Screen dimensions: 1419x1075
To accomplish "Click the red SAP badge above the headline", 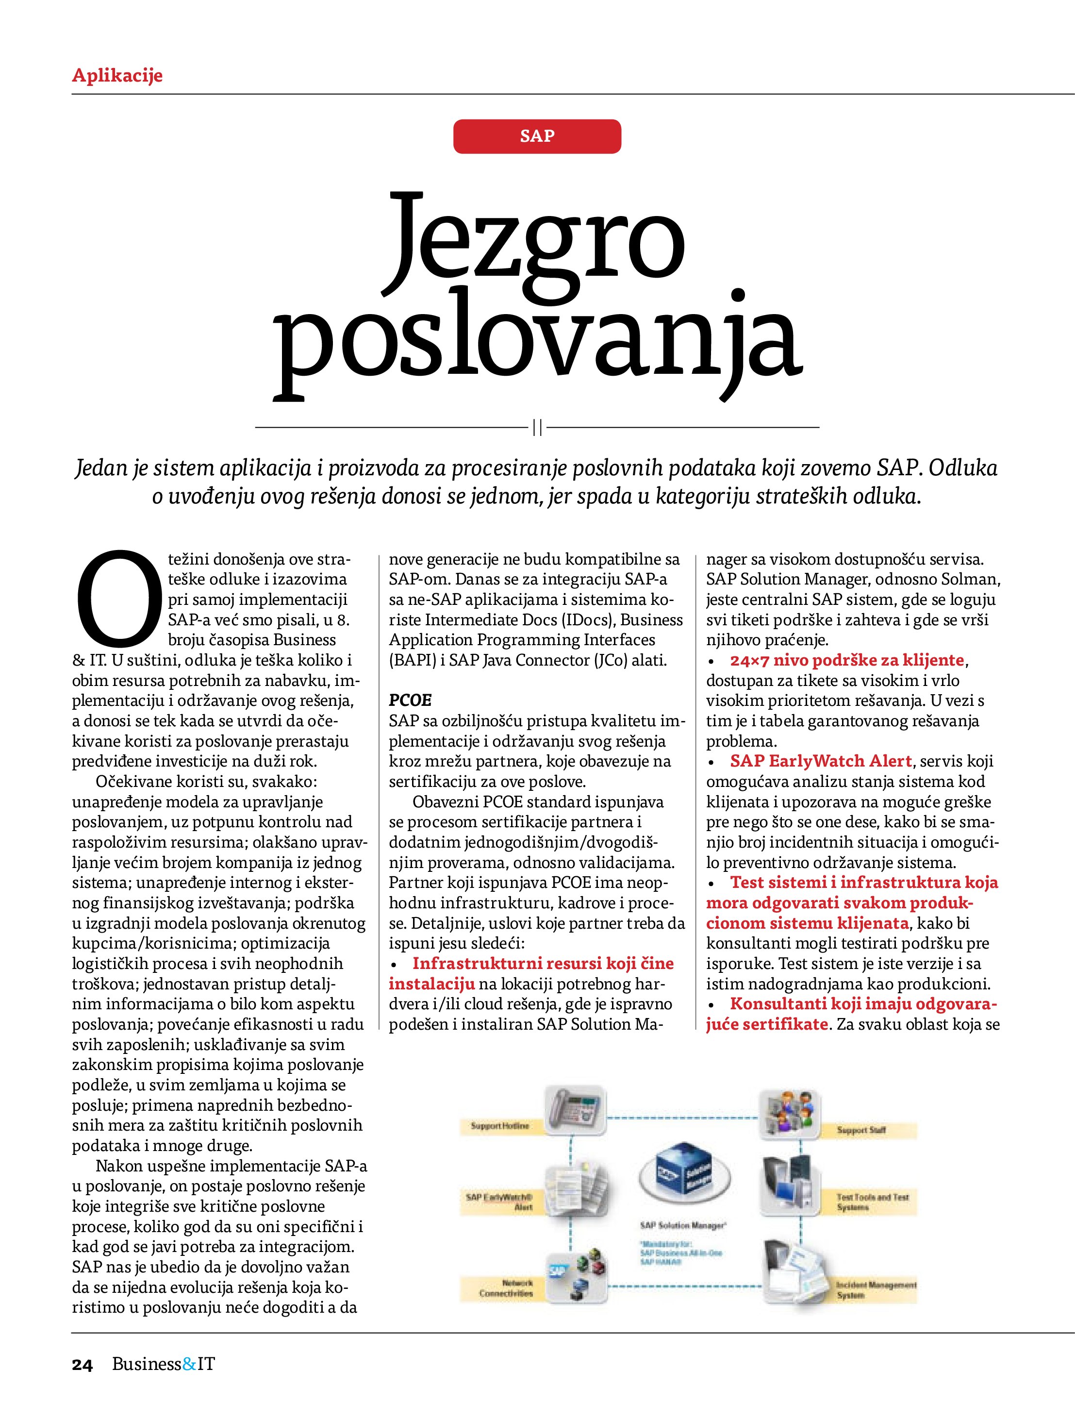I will click(x=537, y=136).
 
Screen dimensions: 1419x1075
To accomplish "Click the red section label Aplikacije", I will click(x=117, y=76).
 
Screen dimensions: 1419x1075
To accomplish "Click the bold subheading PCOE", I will click(x=411, y=700).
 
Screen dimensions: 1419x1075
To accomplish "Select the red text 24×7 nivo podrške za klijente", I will click(x=847, y=660).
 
